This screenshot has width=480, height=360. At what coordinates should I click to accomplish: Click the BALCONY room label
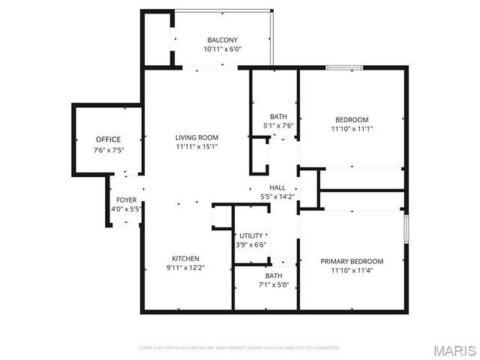(222, 40)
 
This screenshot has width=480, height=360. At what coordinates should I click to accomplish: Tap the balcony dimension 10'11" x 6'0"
(222, 49)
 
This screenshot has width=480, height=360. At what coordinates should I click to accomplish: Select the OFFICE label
(108, 139)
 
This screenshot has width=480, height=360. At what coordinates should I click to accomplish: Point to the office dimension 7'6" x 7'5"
(108, 150)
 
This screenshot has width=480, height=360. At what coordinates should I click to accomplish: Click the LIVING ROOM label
(196, 137)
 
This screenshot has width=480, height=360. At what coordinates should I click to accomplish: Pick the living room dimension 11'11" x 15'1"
(196, 147)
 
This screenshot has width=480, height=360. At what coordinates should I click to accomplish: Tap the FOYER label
(126, 200)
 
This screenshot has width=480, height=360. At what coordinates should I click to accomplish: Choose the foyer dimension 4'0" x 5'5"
(126, 210)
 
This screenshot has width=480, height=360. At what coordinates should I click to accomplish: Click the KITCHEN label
(185, 258)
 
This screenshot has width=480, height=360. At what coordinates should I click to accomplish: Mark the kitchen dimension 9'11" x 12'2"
(185, 268)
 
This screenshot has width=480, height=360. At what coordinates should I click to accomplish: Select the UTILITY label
(251, 235)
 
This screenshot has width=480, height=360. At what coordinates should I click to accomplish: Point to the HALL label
(277, 187)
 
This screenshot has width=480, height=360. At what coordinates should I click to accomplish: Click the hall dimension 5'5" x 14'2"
(277, 197)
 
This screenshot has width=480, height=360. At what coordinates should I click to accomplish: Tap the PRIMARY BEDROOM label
(352, 261)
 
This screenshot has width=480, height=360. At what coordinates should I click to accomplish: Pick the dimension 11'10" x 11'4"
(352, 271)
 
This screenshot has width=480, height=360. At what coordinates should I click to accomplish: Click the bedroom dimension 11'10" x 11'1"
(352, 129)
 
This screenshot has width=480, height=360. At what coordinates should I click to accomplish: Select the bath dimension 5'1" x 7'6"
(278, 126)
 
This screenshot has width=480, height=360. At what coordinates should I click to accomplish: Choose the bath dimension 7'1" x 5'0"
(274, 285)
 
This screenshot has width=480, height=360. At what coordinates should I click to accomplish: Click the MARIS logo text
(454, 350)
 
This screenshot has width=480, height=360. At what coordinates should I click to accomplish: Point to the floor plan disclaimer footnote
(240, 348)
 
